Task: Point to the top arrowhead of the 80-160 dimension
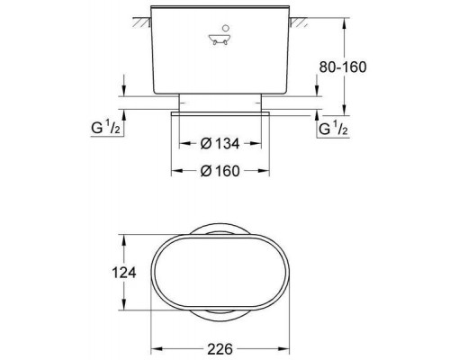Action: (346, 17)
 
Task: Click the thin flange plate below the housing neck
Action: (220, 112)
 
